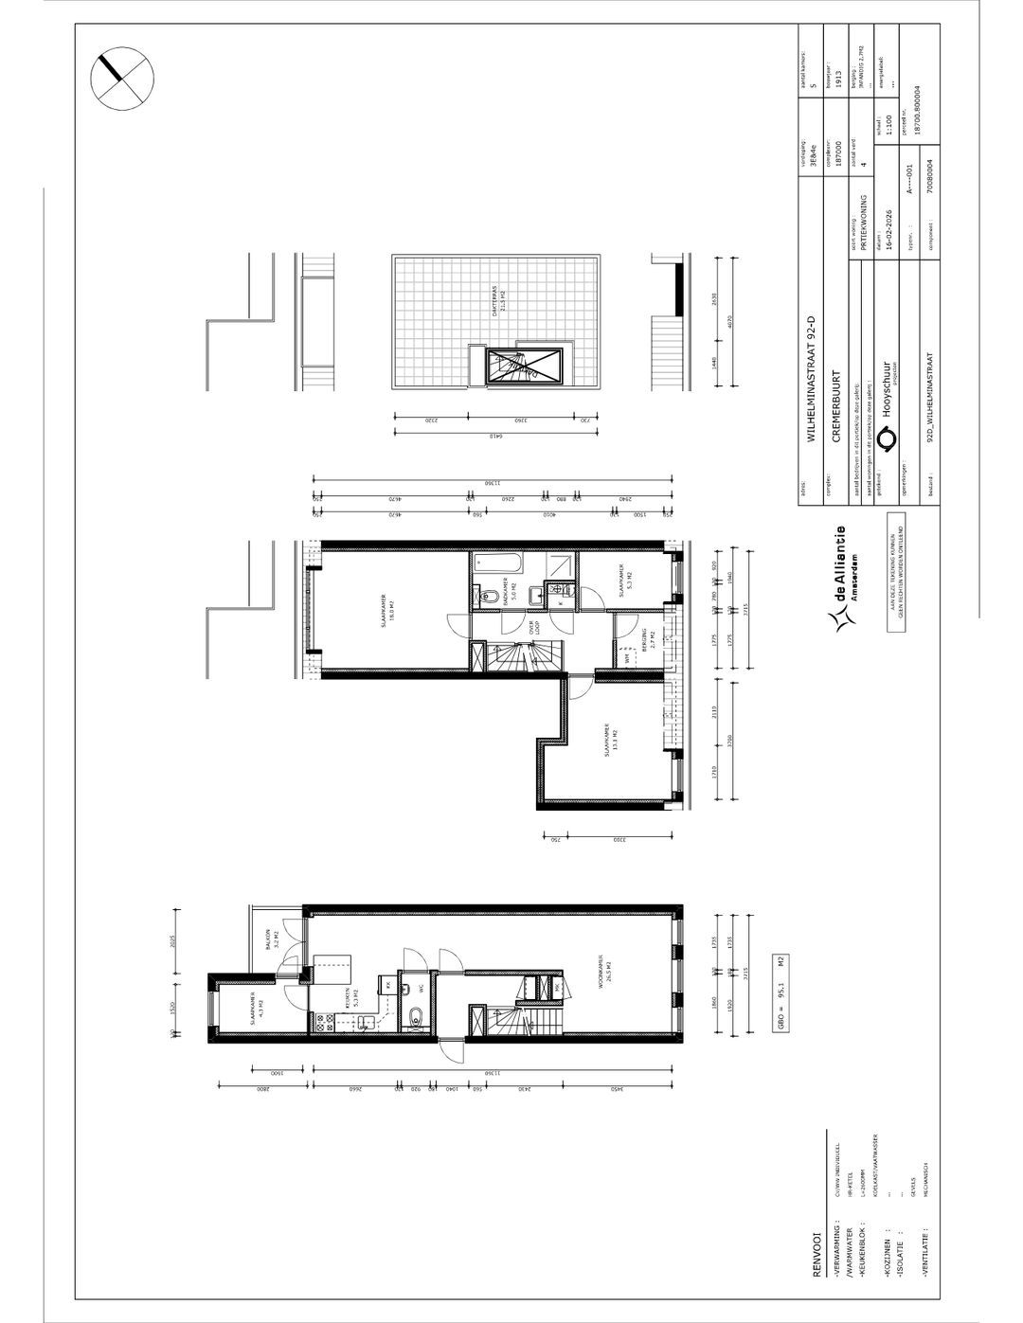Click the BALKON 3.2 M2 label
[x=272, y=944]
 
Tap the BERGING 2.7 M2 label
[x=643, y=642]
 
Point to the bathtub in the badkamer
[x=495, y=562]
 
